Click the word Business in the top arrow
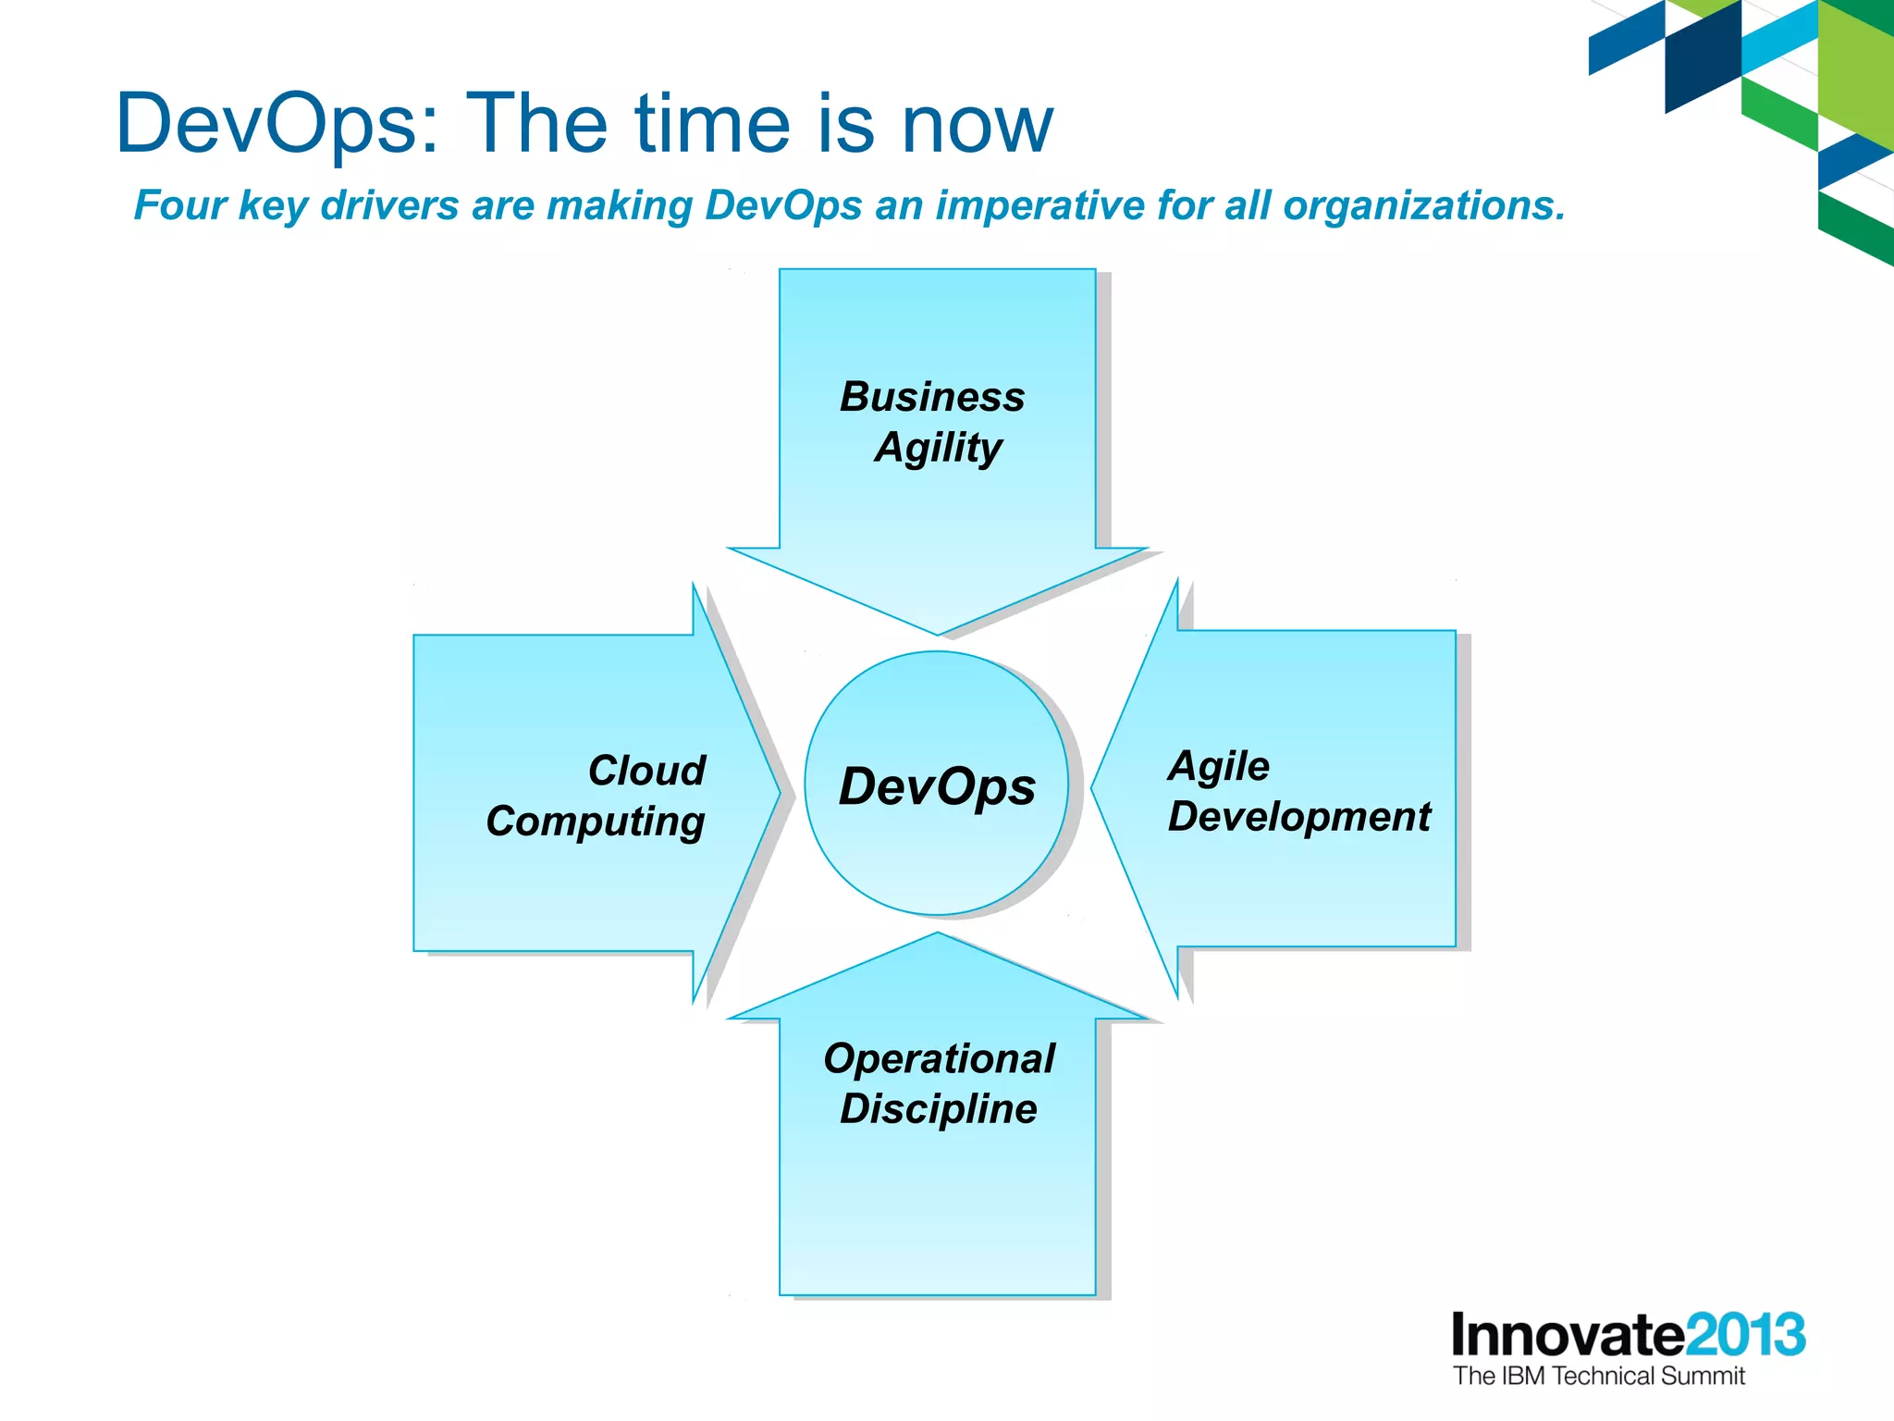click(932, 397)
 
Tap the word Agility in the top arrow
click(938, 448)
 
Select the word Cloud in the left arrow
click(646, 771)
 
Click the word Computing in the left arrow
click(596, 822)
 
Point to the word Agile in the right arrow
click(1219, 766)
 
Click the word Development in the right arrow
click(1298, 817)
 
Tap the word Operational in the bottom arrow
click(939, 1058)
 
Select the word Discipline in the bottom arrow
click(938, 1108)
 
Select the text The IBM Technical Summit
click(1598, 1377)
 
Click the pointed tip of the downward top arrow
click(937, 632)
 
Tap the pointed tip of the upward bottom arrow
click(937, 935)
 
